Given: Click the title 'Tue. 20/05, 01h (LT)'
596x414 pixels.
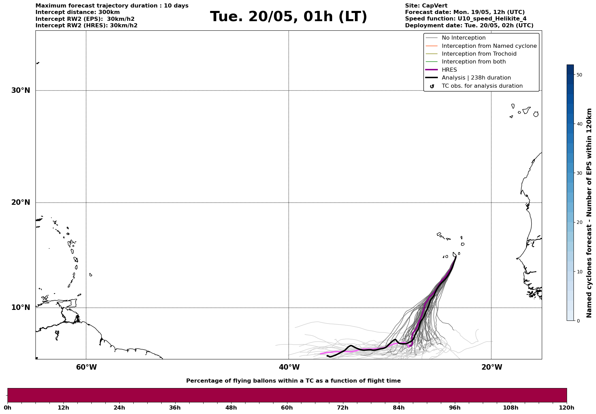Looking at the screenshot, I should pyautogui.click(x=288, y=17).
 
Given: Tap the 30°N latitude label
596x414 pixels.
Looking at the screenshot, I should pyautogui.click(x=20, y=90).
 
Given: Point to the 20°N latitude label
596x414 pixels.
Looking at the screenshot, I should pyautogui.click(x=20, y=202).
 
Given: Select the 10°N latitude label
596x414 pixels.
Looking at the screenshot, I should pyautogui.click(x=20, y=308).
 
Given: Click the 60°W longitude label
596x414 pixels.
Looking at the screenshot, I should pyautogui.click(x=86, y=367).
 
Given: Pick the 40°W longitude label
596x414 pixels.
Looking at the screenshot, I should pyautogui.click(x=289, y=367).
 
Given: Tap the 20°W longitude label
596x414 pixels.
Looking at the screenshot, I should pyautogui.click(x=492, y=367).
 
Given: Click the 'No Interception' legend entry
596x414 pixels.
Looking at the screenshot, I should pyautogui.click(x=463, y=38).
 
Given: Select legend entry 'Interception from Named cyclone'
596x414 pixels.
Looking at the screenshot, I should pyautogui.click(x=489, y=46).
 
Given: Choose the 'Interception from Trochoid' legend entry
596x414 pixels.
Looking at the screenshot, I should pyautogui.click(x=479, y=54).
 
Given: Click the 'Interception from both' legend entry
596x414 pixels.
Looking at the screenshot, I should pyautogui.click(x=474, y=62).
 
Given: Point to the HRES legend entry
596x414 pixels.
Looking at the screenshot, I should pyautogui.click(x=449, y=70).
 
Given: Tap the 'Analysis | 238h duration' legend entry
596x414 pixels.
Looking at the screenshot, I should pyautogui.click(x=476, y=78).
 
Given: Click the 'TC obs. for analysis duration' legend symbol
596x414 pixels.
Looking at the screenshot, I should pyautogui.click(x=432, y=86).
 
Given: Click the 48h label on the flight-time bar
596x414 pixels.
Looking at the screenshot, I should pyautogui.click(x=231, y=408).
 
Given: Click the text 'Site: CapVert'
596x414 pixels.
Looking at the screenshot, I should pyautogui.click(x=426, y=6).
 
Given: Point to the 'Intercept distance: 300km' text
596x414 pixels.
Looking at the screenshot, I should pyautogui.click(x=77, y=12).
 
